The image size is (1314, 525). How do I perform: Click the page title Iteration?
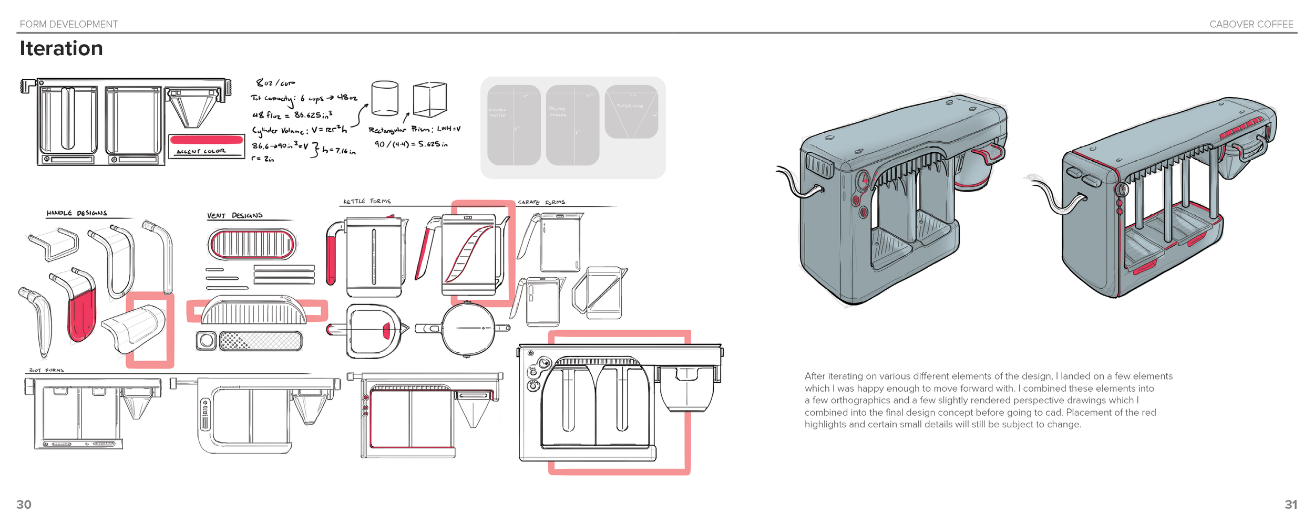pos(61,48)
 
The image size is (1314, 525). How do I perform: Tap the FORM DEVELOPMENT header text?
pos(69,24)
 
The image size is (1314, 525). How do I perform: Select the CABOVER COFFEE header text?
pos(1251,24)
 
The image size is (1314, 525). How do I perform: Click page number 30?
pos(24,505)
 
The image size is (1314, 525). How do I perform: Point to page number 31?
pos(1290,505)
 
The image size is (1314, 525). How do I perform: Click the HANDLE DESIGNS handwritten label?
pos(77,213)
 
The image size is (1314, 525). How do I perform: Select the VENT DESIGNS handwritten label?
pos(234,216)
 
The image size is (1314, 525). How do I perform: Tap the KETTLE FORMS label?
pos(367,202)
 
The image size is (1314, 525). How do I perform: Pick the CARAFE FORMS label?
pos(541,202)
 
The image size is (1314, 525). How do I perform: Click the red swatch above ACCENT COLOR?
pos(207,140)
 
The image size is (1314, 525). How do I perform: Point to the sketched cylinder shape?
pos(385,98)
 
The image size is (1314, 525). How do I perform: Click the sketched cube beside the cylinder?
pos(429,99)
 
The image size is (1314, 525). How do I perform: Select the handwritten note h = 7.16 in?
pos(338,151)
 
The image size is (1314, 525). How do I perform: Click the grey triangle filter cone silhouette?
pos(631,113)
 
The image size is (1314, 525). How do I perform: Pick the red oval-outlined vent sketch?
pos(252,245)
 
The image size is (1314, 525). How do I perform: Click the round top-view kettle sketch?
pos(467,329)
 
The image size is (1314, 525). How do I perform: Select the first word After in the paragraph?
pos(815,376)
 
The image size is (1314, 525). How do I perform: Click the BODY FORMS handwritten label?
pos(46,371)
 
